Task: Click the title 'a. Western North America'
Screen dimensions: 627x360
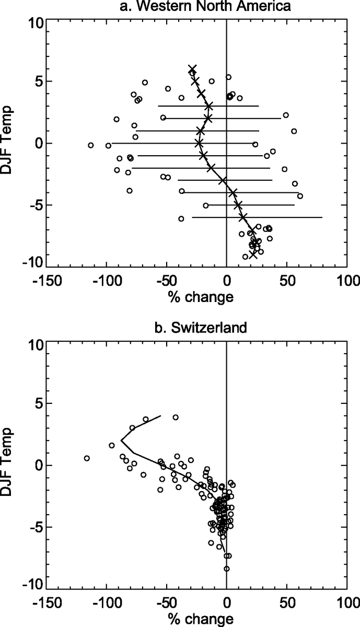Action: pos(196,7)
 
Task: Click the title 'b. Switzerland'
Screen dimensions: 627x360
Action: pos(196,329)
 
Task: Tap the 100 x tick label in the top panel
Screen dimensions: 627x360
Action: pos(346,280)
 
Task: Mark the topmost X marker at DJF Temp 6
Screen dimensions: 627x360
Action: pos(192,69)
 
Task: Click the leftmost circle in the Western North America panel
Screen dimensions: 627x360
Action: pos(91,145)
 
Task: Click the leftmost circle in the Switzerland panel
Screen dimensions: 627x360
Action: pos(87,458)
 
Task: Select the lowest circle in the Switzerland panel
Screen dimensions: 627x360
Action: pos(226,569)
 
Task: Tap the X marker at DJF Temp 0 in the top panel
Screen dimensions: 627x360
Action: pos(199,143)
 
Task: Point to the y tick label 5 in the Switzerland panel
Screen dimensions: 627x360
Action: pos(37,403)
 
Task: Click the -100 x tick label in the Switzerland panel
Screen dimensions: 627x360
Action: pos(106,602)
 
